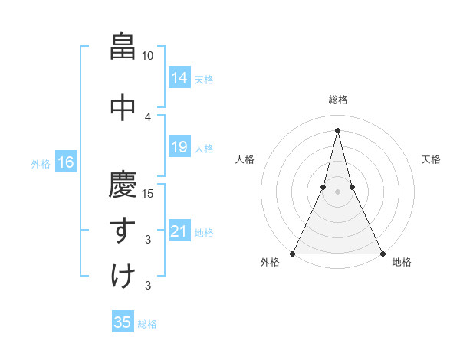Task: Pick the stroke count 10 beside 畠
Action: pos(147,56)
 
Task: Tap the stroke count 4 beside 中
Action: pos(148,116)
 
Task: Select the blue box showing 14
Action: pos(179,78)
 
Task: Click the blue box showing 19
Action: pos(179,147)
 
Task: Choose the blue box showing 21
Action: pos(179,231)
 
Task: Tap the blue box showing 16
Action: pos(65,162)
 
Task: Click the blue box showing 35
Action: pos(123,322)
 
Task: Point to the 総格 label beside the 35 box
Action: pos(147,324)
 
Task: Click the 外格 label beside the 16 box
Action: pos(41,163)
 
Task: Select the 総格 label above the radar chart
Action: pos(337,100)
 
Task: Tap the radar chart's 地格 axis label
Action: pos(402,262)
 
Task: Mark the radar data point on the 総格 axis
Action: pos(337,129)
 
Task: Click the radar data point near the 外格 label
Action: pos(293,253)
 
